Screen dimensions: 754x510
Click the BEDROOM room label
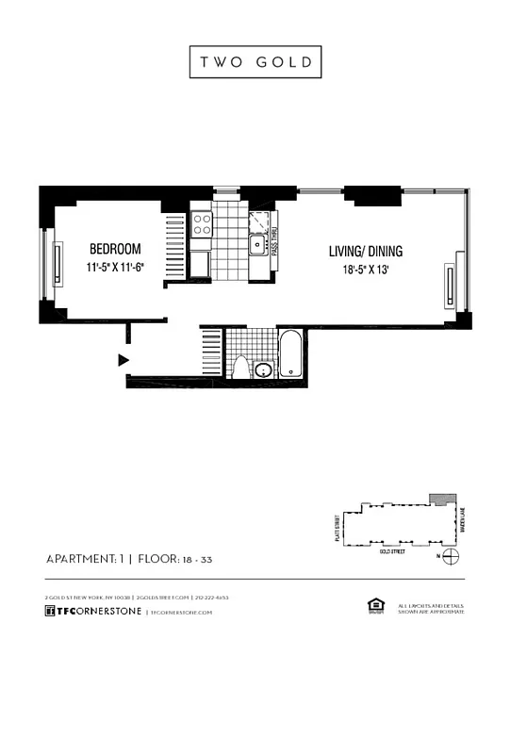point(115,249)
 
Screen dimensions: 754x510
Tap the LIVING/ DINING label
point(365,251)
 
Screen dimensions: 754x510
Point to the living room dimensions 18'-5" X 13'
point(365,270)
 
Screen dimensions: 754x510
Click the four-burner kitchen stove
point(202,224)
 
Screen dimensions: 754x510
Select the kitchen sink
point(256,246)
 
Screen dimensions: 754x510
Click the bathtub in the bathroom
point(290,355)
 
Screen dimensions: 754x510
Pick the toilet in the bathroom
point(240,367)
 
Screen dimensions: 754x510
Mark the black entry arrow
point(123,359)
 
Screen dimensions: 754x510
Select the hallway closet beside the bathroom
point(211,353)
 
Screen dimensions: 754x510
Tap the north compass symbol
point(452,557)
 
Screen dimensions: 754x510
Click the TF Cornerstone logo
point(93,612)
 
